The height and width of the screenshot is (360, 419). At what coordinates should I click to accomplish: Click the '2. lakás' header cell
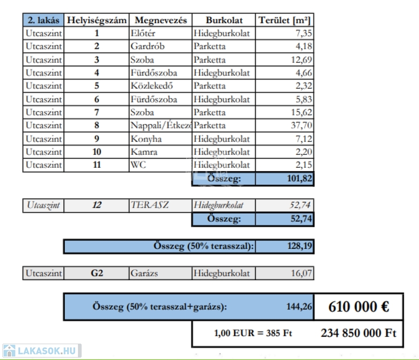[x=43, y=20]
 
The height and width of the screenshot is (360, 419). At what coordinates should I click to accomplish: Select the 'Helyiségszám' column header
[x=97, y=20]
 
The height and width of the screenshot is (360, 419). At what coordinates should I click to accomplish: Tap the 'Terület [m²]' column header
[x=285, y=20]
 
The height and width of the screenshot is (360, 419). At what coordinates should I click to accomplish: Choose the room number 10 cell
[x=97, y=152]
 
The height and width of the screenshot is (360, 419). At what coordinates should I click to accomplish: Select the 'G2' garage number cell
[x=97, y=273]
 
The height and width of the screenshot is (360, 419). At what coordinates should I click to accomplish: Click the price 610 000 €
[x=358, y=307]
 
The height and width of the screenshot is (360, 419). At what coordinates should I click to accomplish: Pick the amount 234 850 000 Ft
[x=358, y=333]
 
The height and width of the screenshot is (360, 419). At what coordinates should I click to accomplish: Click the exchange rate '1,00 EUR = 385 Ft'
[x=253, y=333]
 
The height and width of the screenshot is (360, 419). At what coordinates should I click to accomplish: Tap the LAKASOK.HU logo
[x=41, y=351]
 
